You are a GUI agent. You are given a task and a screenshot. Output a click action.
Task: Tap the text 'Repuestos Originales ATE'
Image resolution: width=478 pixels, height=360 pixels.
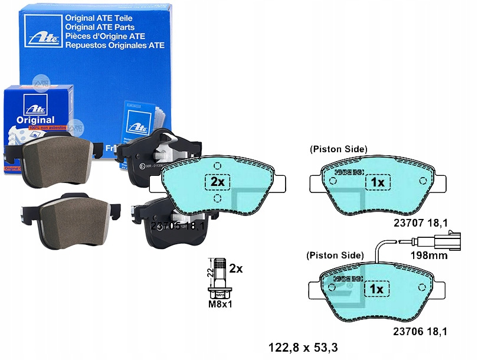[x=114, y=45]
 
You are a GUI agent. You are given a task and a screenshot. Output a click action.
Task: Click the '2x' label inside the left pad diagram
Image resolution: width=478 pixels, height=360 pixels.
[x=218, y=182]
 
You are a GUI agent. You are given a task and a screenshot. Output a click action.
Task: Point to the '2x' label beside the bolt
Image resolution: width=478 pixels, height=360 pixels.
[x=235, y=269]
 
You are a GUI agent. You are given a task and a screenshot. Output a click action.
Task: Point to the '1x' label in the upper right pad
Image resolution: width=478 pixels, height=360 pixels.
[x=377, y=183]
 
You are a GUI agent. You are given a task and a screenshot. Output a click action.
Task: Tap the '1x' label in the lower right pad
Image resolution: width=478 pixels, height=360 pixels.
[x=377, y=289]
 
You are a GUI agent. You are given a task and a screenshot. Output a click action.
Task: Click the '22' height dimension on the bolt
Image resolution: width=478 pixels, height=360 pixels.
[x=208, y=273]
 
